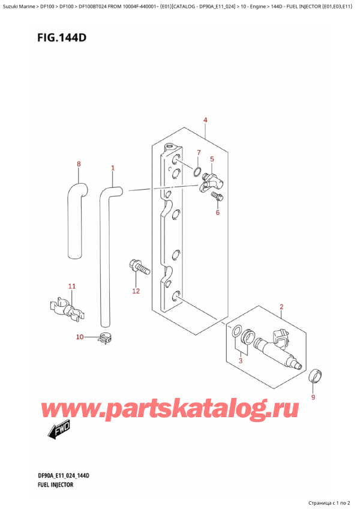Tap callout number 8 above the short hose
pos(78,163)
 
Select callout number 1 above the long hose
pos(112,168)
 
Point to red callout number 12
pos(136,291)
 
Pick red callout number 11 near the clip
pos(71,286)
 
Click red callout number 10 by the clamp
pos(80,337)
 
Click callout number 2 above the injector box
pos(281,308)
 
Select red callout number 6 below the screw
pos(218,212)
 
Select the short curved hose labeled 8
pos(74,216)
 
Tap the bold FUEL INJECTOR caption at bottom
pos(55,484)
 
